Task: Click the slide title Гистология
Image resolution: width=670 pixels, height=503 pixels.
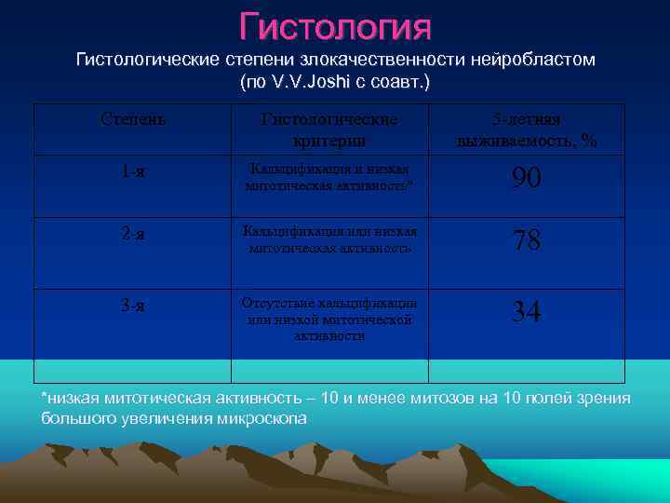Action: [x=335, y=26]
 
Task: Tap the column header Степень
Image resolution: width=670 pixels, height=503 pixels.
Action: [x=133, y=120]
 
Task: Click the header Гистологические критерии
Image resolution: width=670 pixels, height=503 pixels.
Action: [x=329, y=130]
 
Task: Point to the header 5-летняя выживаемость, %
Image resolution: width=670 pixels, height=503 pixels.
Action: [x=526, y=130]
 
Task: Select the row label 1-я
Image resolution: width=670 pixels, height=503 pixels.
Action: [x=133, y=172]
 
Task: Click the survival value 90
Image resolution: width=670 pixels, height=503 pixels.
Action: [x=526, y=179]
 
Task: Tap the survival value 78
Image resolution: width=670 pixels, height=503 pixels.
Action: [x=526, y=241]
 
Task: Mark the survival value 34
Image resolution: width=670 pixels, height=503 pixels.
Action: [x=526, y=312]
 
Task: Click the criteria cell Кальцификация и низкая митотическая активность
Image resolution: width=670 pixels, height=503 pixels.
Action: [x=329, y=177]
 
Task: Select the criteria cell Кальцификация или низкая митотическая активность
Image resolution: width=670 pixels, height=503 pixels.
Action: [x=329, y=239]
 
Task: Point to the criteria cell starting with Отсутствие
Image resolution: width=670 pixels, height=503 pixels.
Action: [x=329, y=319]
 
